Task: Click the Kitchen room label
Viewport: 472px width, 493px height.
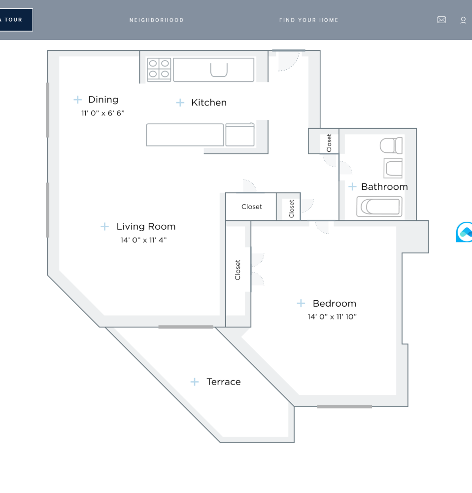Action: (x=209, y=103)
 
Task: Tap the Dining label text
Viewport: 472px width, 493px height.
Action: (x=103, y=100)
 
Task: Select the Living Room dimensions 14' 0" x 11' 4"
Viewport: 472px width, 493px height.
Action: (x=143, y=240)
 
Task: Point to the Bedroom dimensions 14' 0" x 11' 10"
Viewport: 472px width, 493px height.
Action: (x=332, y=317)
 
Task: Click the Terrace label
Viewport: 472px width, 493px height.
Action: (x=224, y=382)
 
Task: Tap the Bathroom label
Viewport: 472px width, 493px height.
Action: (x=384, y=187)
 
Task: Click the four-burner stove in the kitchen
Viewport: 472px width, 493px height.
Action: (x=159, y=70)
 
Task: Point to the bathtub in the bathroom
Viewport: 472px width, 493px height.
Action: (x=379, y=207)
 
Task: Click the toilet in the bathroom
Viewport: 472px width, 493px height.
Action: (x=391, y=145)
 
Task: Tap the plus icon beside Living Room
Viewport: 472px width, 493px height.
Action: (x=104, y=227)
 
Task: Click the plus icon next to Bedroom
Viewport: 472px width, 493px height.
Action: (x=301, y=303)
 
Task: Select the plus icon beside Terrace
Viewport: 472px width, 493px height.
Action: (x=195, y=382)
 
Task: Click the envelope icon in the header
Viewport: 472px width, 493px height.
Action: (x=441, y=20)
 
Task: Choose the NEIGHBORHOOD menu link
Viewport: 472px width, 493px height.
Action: (x=157, y=20)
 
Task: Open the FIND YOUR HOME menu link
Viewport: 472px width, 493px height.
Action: (x=309, y=20)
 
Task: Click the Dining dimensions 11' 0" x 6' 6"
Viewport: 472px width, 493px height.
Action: (x=103, y=113)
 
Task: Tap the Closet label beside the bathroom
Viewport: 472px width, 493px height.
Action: (x=329, y=143)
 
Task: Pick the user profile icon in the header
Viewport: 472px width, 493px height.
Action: (x=463, y=20)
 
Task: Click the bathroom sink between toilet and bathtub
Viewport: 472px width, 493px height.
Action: (x=393, y=168)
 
